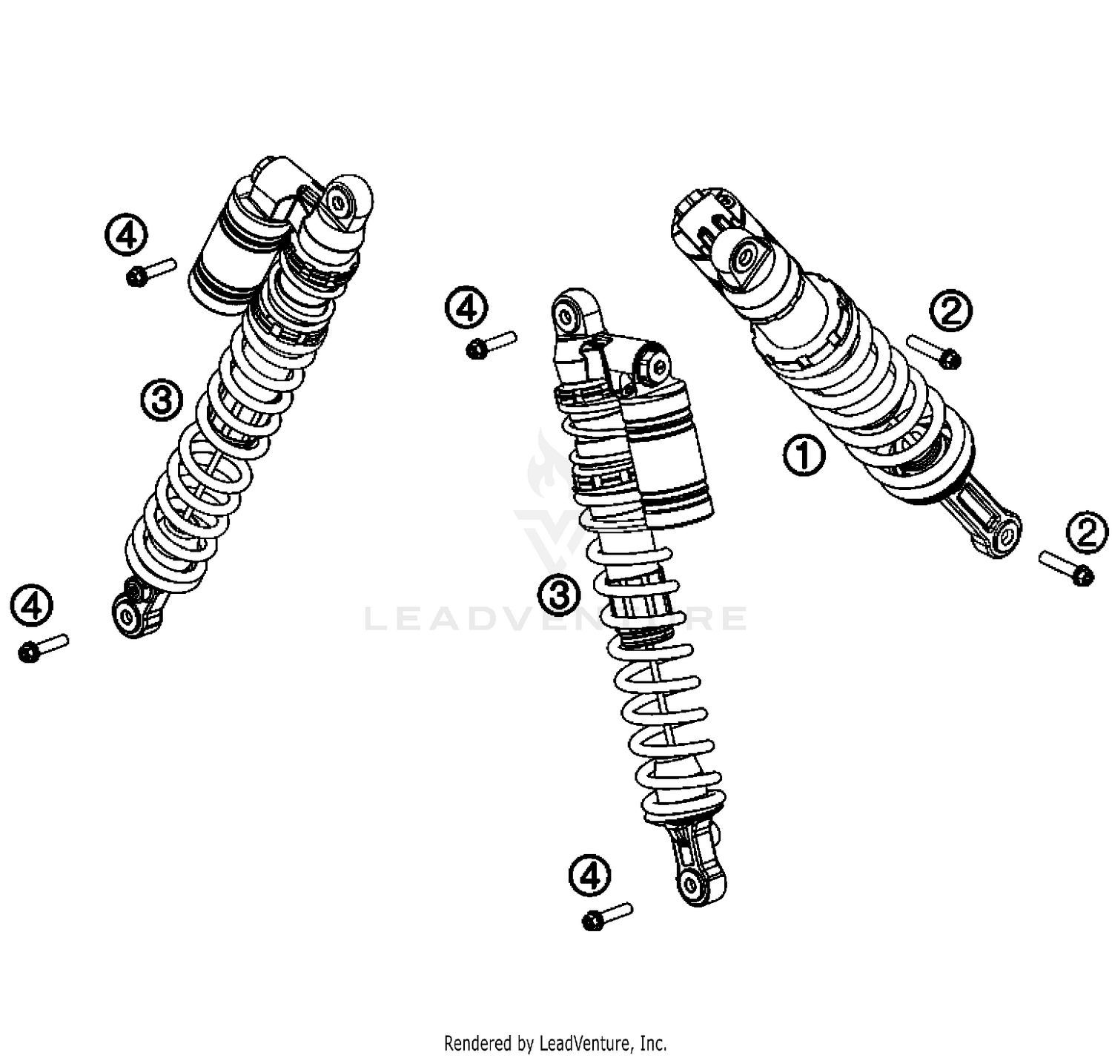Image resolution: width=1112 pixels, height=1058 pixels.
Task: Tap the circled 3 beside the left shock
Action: (x=162, y=400)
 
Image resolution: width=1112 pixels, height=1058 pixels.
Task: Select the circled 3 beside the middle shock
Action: (x=559, y=595)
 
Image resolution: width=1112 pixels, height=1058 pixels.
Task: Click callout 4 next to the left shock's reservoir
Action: (x=126, y=235)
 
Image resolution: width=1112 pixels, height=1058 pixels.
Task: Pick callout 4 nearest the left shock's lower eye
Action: (x=32, y=606)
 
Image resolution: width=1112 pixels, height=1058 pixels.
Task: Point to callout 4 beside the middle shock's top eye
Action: (x=466, y=308)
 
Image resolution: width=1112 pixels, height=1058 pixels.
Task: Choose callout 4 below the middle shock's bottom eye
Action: (x=590, y=876)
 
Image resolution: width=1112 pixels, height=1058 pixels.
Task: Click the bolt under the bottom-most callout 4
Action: (x=607, y=916)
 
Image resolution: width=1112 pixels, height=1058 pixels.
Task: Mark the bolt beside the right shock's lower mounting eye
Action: (x=1066, y=567)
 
